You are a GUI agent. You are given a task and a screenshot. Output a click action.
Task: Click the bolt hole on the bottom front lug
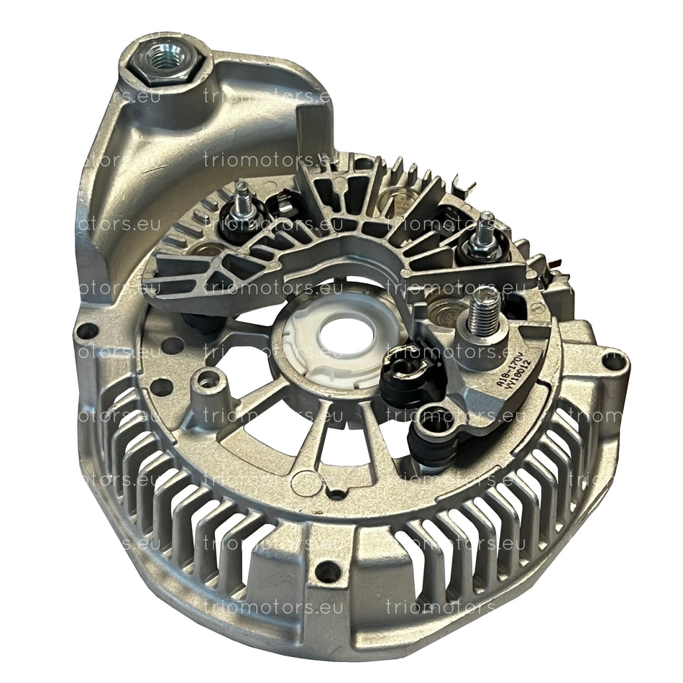(329, 572)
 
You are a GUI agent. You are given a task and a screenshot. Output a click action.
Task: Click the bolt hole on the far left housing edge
(88, 331)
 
